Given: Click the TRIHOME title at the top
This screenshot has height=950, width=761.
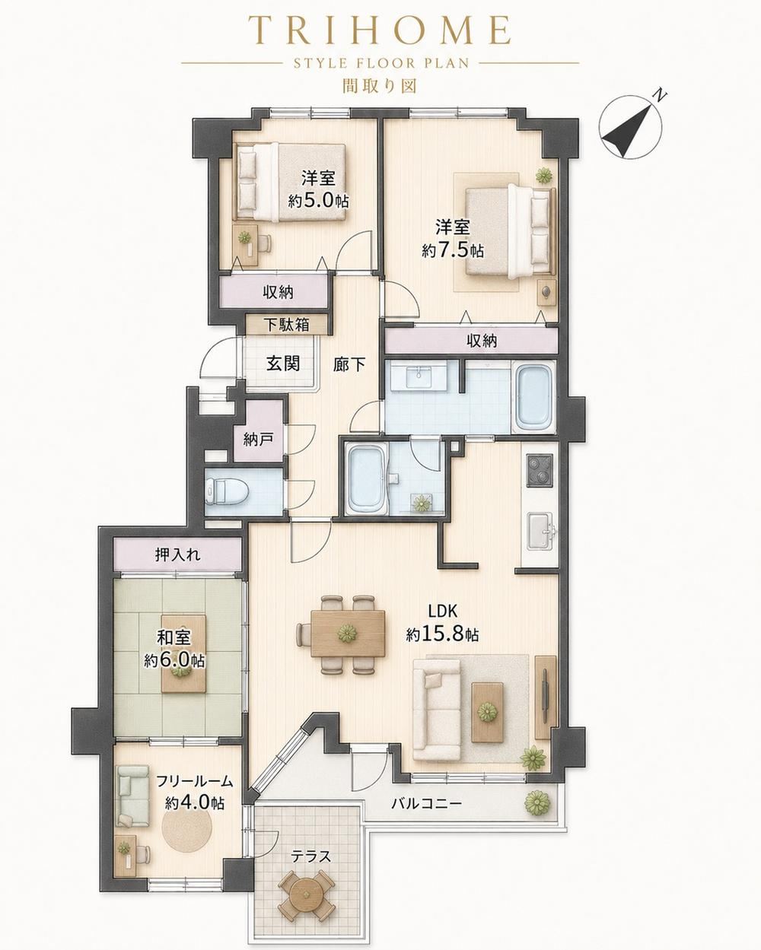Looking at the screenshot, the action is tap(380, 30).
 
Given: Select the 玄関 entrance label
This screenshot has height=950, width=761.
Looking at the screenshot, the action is tap(283, 364).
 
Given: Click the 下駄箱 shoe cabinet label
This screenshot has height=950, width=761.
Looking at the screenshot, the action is tap(287, 326).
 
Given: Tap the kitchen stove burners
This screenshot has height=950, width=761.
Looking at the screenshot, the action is tap(539, 470).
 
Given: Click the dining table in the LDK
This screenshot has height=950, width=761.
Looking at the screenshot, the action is tap(347, 634).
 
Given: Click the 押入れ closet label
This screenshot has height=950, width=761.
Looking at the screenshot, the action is tap(178, 555).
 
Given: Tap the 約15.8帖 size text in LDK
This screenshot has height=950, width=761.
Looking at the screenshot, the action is tap(442, 634).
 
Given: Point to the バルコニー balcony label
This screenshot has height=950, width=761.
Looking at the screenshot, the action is tap(427, 802).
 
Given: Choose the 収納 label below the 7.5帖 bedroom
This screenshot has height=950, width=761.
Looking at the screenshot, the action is tap(482, 340).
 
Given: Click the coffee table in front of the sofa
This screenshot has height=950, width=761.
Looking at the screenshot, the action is tap(488, 711).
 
